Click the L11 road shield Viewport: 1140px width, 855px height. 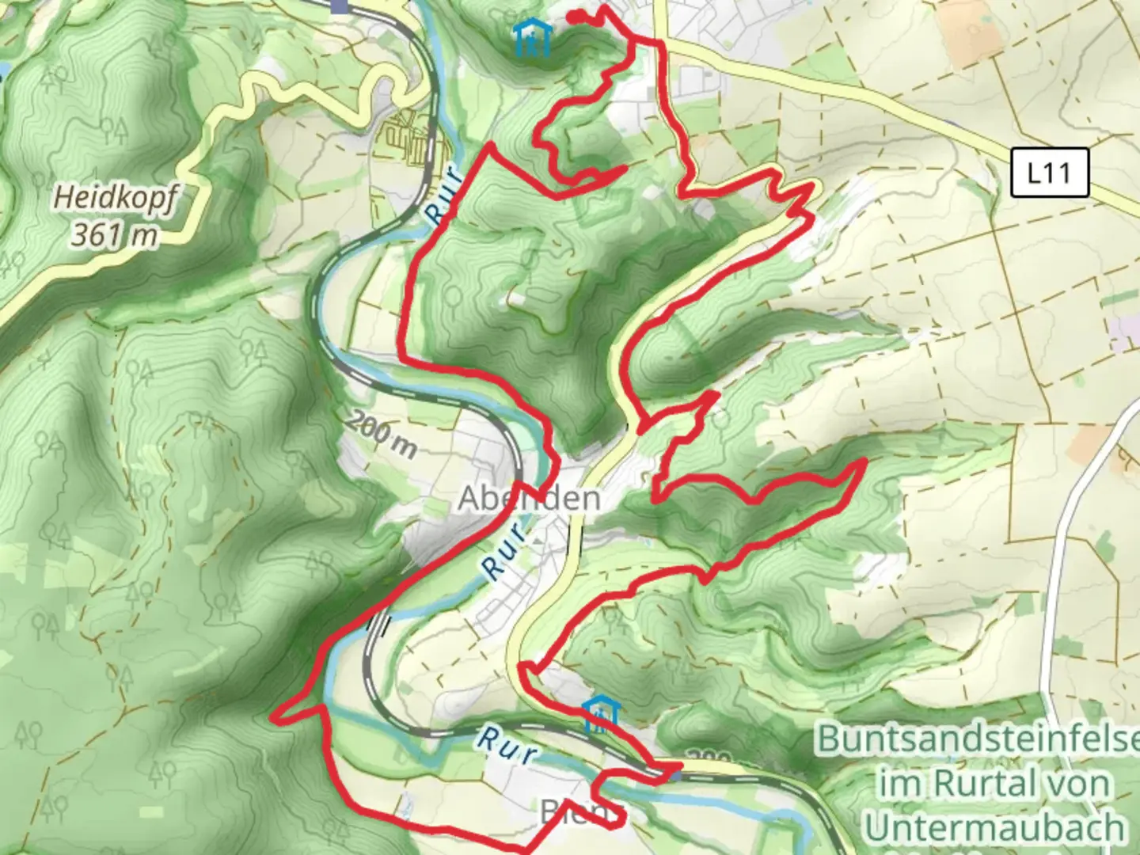pyautogui.click(x=1049, y=173)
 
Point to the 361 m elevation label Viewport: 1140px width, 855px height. pyautogui.click(x=114, y=234)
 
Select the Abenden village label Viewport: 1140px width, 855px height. pyautogui.click(x=529, y=498)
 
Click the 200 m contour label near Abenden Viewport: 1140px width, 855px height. pyautogui.click(x=382, y=435)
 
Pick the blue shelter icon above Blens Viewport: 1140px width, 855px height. pyautogui.click(x=601, y=715)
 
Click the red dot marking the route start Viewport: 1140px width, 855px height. pyautogui.click(x=576, y=16)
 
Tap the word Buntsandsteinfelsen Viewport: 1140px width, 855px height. pyautogui.click(x=978, y=738)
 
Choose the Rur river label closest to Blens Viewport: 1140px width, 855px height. pyautogui.click(x=505, y=747)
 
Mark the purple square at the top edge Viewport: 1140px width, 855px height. pyautogui.click(x=340, y=6)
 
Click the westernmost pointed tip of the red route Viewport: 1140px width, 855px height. pyautogui.click(x=273, y=716)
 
